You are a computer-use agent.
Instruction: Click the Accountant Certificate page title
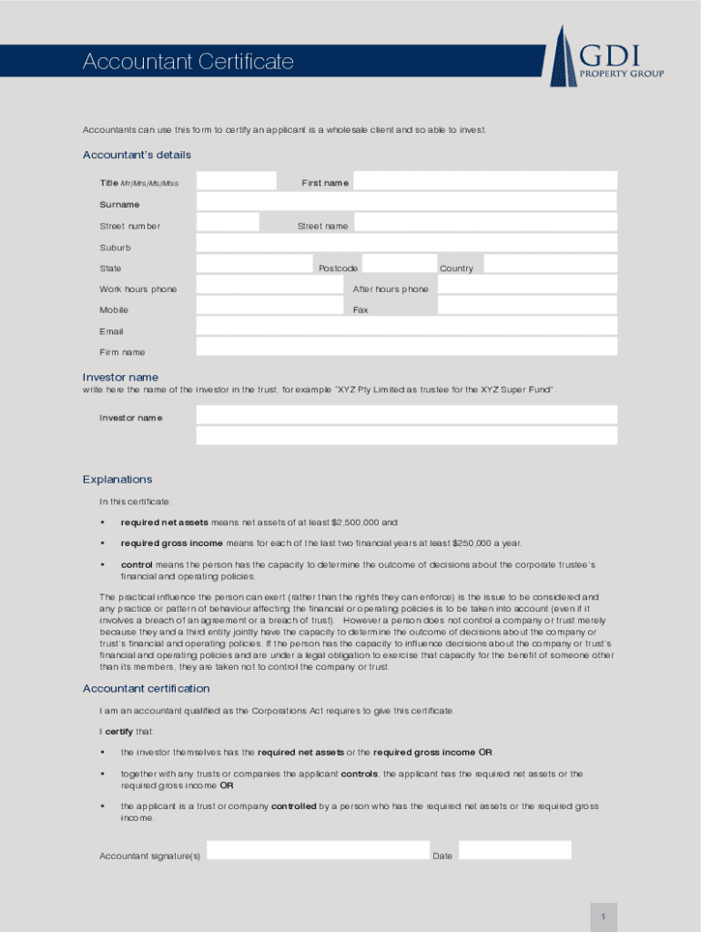(x=188, y=62)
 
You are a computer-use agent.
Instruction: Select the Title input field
(x=236, y=181)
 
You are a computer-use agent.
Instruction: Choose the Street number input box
(x=228, y=223)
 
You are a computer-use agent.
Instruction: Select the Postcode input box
(x=398, y=265)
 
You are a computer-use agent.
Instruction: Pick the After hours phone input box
(x=527, y=286)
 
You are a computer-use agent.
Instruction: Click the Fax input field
(x=527, y=307)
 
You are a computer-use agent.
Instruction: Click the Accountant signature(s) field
(x=318, y=852)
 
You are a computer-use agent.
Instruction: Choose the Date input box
(x=514, y=852)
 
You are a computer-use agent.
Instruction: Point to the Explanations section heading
(x=117, y=480)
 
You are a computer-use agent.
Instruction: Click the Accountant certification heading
(x=147, y=689)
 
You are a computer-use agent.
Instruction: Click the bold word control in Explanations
(x=137, y=565)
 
